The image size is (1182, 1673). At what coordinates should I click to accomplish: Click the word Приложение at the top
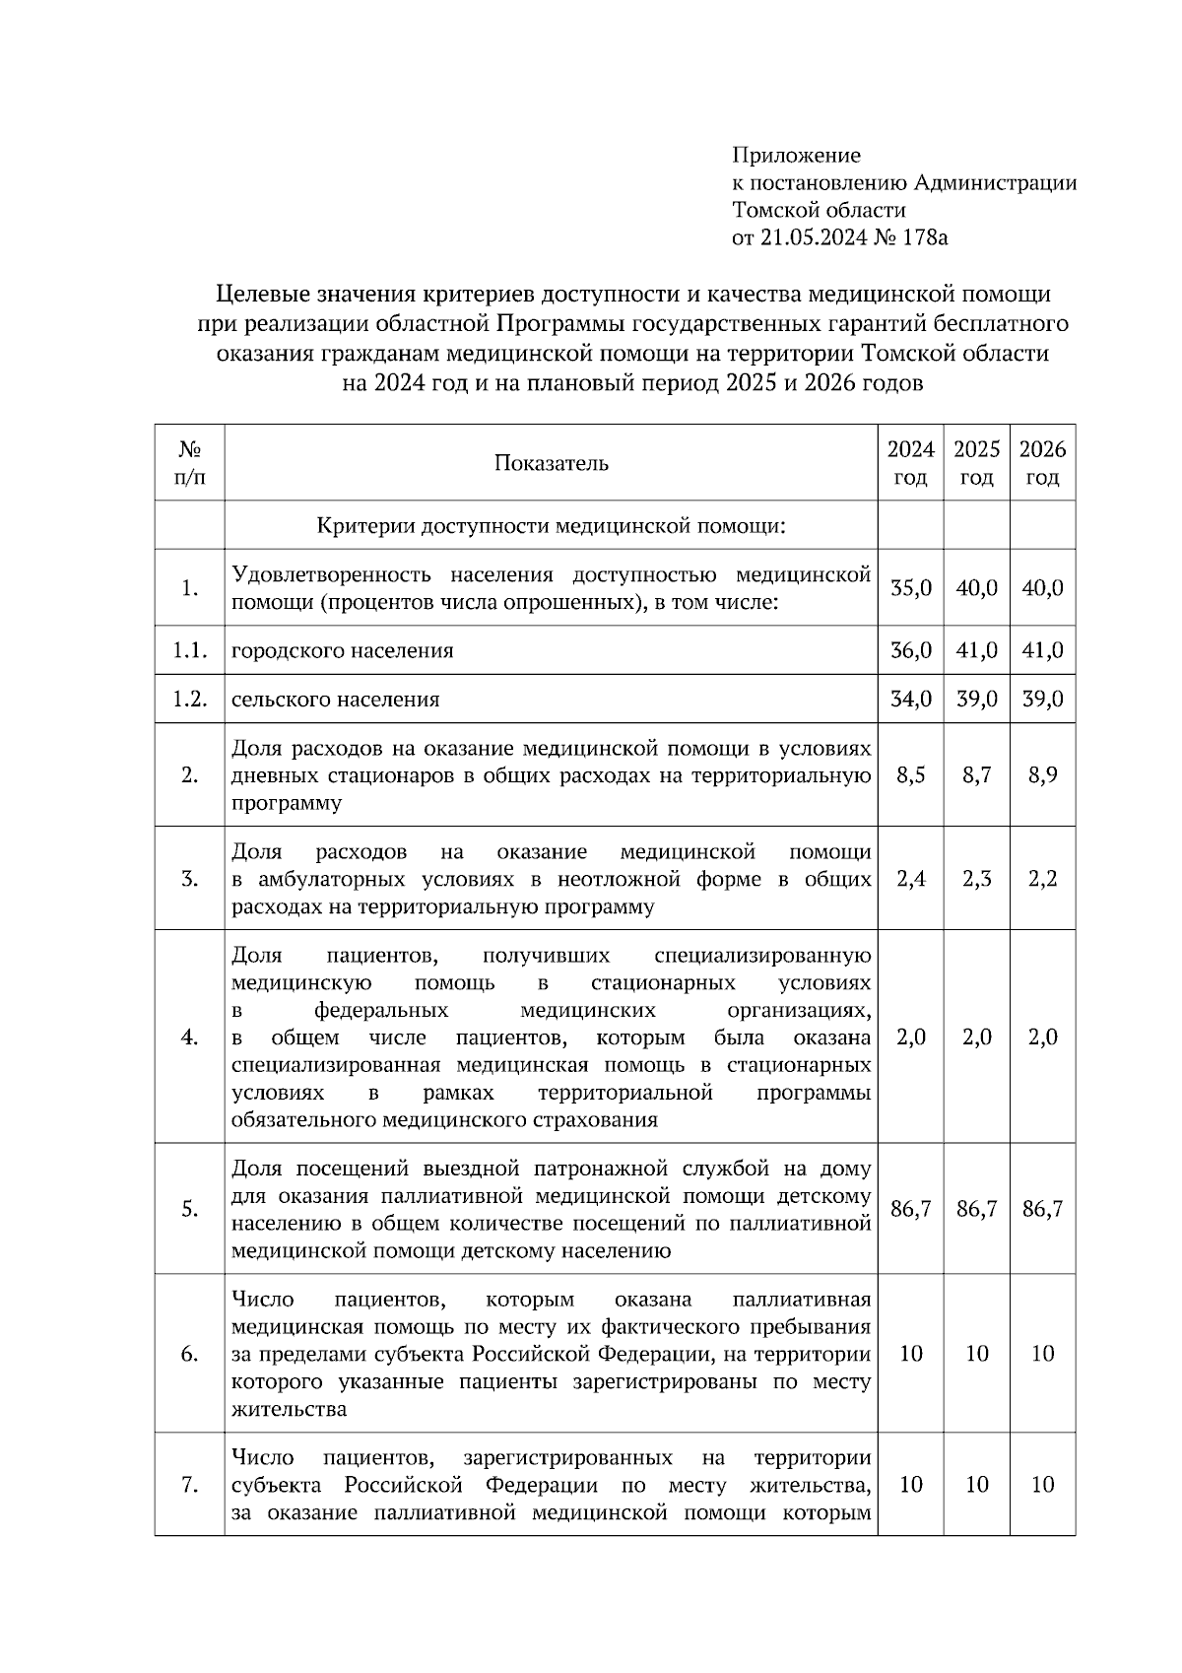tap(796, 155)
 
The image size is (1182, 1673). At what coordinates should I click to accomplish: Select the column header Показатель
tap(551, 463)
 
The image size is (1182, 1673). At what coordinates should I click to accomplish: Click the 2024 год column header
tap(910, 463)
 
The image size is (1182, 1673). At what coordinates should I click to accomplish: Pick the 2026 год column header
tap(1042, 463)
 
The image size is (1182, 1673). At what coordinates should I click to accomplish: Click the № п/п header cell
tap(190, 463)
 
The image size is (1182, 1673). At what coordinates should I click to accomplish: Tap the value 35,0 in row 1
tap(910, 588)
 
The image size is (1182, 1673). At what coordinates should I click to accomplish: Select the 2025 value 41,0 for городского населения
tap(976, 650)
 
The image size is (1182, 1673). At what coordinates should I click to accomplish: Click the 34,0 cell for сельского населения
tap(910, 700)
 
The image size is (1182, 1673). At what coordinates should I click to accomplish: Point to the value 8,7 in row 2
tap(976, 775)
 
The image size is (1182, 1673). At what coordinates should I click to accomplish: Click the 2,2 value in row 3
tap(1042, 879)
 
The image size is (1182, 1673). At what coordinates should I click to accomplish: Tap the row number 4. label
tap(190, 1037)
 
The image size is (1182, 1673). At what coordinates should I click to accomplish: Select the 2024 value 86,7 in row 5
tap(910, 1209)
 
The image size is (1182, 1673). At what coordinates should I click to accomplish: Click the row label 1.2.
tap(189, 700)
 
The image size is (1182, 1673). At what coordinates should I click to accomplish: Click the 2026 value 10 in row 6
tap(1042, 1354)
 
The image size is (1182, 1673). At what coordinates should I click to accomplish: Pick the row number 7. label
tap(190, 1485)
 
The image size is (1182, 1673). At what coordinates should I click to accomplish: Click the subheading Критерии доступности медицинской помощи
tap(551, 526)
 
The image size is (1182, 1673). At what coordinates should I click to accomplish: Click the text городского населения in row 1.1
tap(342, 650)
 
